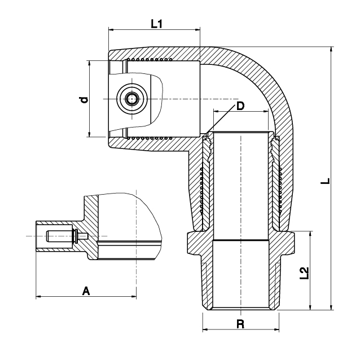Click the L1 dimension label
(x=156, y=24)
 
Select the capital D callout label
(x=240, y=106)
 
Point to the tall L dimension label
(x=326, y=181)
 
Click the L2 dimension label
(x=305, y=273)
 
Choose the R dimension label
(x=240, y=324)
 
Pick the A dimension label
(x=86, y=291)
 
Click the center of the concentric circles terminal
(x=132, y=99)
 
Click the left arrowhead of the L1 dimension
(x=111, y=29)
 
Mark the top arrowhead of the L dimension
(x=331, y=50)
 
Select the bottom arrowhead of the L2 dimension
(x=311, y=307)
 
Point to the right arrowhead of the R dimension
(x=276, y=330)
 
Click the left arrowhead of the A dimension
(x=39, y=296)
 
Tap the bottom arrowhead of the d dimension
(x=89, y=134)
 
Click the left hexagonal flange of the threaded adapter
(x=194, y=243)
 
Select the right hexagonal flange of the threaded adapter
(x=287, y=243)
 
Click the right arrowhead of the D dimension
(x=265, y=112)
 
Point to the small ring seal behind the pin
(x=76, y=236)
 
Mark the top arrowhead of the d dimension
(x=89, y=64)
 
